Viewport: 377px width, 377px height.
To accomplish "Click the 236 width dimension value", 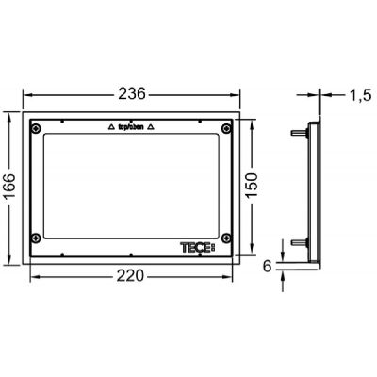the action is click(132, 93).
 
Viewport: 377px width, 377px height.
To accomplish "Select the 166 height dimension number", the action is click(8, 188).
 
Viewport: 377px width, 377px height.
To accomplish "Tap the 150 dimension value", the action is click(252, 186).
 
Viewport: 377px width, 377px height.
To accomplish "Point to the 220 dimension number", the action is click(130, 276).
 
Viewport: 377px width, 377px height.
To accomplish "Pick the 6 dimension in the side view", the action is click(267, 267).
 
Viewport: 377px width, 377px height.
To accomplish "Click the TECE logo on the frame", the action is click(197, 248).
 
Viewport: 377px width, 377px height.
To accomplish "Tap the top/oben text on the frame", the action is click(130, 127).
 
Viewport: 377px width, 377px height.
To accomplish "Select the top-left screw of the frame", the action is click(36, 128).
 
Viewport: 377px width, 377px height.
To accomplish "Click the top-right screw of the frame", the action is click(226, 128).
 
